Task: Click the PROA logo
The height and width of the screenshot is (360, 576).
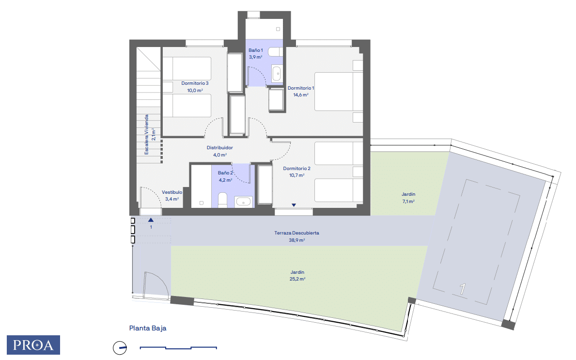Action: point(33,345)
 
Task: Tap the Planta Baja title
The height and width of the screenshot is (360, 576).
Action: point(148,328)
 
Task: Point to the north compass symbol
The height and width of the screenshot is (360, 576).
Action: point(120,347)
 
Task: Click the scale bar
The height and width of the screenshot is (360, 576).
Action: point(178,347)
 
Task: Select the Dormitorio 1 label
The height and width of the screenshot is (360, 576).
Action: point(300,88)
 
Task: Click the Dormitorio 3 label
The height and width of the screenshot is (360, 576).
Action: point(195,83)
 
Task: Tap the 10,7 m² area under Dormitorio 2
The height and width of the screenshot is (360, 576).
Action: point(296,175)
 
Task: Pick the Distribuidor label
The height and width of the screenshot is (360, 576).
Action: point(219,148)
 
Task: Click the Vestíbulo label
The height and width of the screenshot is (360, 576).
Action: point(172,192)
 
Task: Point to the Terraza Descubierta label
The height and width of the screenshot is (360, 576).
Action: point(296,233)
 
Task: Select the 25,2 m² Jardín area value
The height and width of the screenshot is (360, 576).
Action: point(297,279)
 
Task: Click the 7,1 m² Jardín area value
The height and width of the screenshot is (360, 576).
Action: point(408,201)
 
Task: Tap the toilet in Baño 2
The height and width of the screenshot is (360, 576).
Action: point(223,200)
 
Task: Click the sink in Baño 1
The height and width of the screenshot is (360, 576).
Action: point(277,73)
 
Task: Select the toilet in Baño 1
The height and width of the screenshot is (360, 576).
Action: point(276,52)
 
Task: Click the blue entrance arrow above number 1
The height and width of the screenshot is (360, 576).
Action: point(151,219)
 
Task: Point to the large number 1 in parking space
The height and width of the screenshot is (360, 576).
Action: point(463,289)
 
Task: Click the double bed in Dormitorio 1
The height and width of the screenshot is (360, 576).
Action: point(339,92)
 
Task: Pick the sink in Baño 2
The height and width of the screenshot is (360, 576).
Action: point(243,202)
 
